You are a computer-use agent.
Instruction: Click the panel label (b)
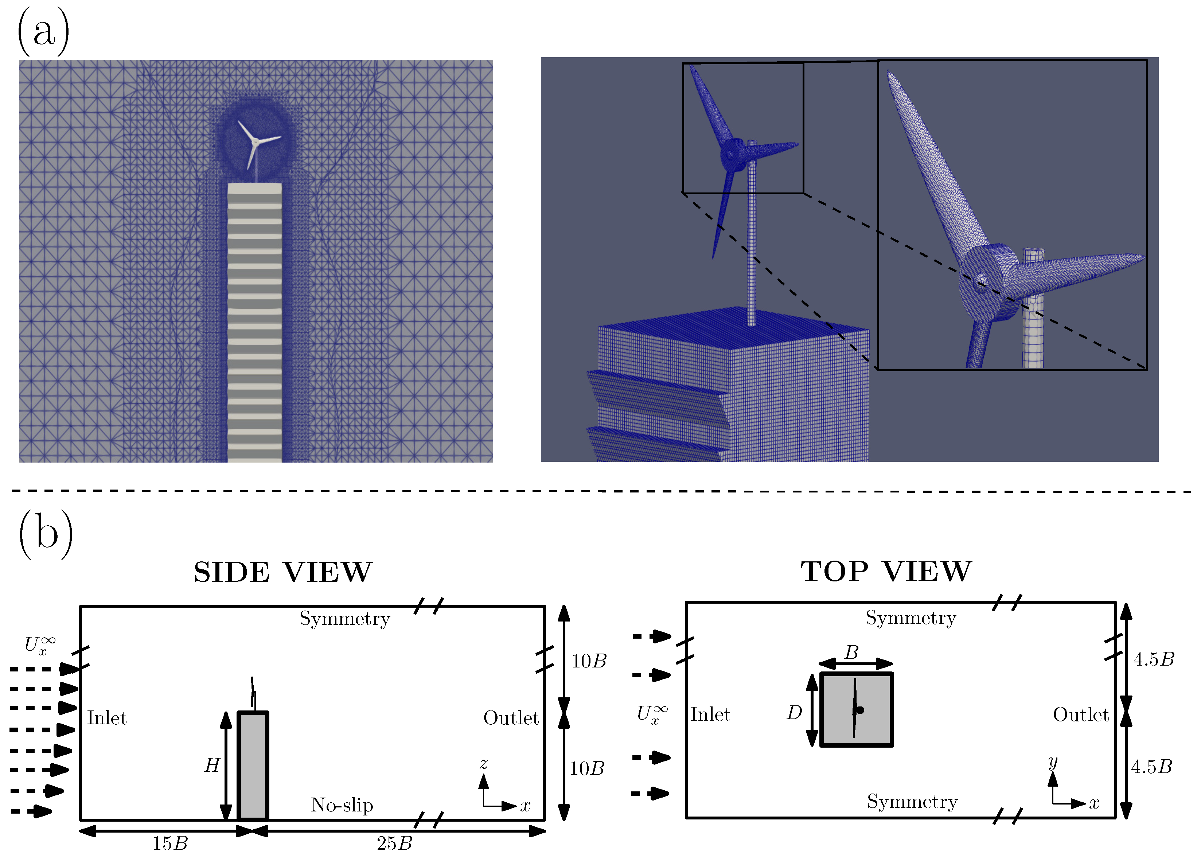[46, 534]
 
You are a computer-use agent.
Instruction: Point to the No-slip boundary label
[342, 805]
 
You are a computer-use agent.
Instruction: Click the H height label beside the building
[212, 765]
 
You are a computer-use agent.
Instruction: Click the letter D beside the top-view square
[794, 713]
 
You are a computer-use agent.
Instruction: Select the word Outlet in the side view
[511, 718]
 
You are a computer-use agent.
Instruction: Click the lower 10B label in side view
[587, 769]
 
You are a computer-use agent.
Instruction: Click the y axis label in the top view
[1053, 762]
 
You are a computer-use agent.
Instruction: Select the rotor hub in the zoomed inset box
[980, 280]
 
